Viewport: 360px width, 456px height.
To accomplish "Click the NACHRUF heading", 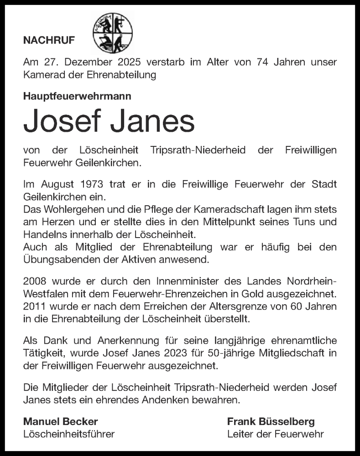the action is click(x=49, y=41).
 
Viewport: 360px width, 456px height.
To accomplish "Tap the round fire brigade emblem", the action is click(x=113, y=33).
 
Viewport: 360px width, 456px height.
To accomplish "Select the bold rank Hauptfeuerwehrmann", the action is click(x=77, y=96).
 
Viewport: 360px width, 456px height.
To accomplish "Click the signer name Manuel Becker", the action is click(x=61, y=421).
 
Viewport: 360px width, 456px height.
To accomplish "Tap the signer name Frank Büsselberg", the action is click(x=271, y=421).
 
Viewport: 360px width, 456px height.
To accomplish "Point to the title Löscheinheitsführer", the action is click(x=69, y=434).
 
